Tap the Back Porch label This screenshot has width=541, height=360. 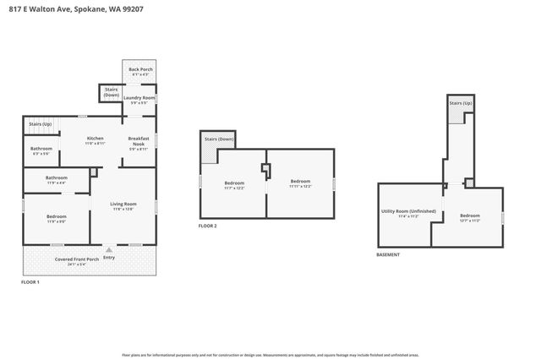coord(139,71)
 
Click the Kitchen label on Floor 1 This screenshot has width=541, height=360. coord(95,139)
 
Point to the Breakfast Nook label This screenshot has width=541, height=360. coord(139,141)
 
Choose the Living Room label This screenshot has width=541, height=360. coord(123,205)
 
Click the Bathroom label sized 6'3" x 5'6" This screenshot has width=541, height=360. coord(41,150)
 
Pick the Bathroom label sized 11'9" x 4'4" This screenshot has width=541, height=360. coord(56,179)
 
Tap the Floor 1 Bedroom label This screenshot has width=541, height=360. coord(56,219)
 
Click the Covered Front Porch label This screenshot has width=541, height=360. coord(77,260)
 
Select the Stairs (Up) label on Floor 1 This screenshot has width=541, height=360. coord(41,124)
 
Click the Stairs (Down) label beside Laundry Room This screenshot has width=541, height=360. coord(111,91)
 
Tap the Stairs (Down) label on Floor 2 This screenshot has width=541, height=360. coord(218,138)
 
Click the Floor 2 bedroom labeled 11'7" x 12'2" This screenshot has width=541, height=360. coord(233,185)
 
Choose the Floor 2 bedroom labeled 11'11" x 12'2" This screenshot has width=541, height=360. coord(300,183)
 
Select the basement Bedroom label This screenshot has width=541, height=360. coord(469,217)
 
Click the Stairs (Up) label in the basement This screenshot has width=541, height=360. coord(460,103)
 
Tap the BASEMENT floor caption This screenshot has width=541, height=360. coord(388,254)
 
